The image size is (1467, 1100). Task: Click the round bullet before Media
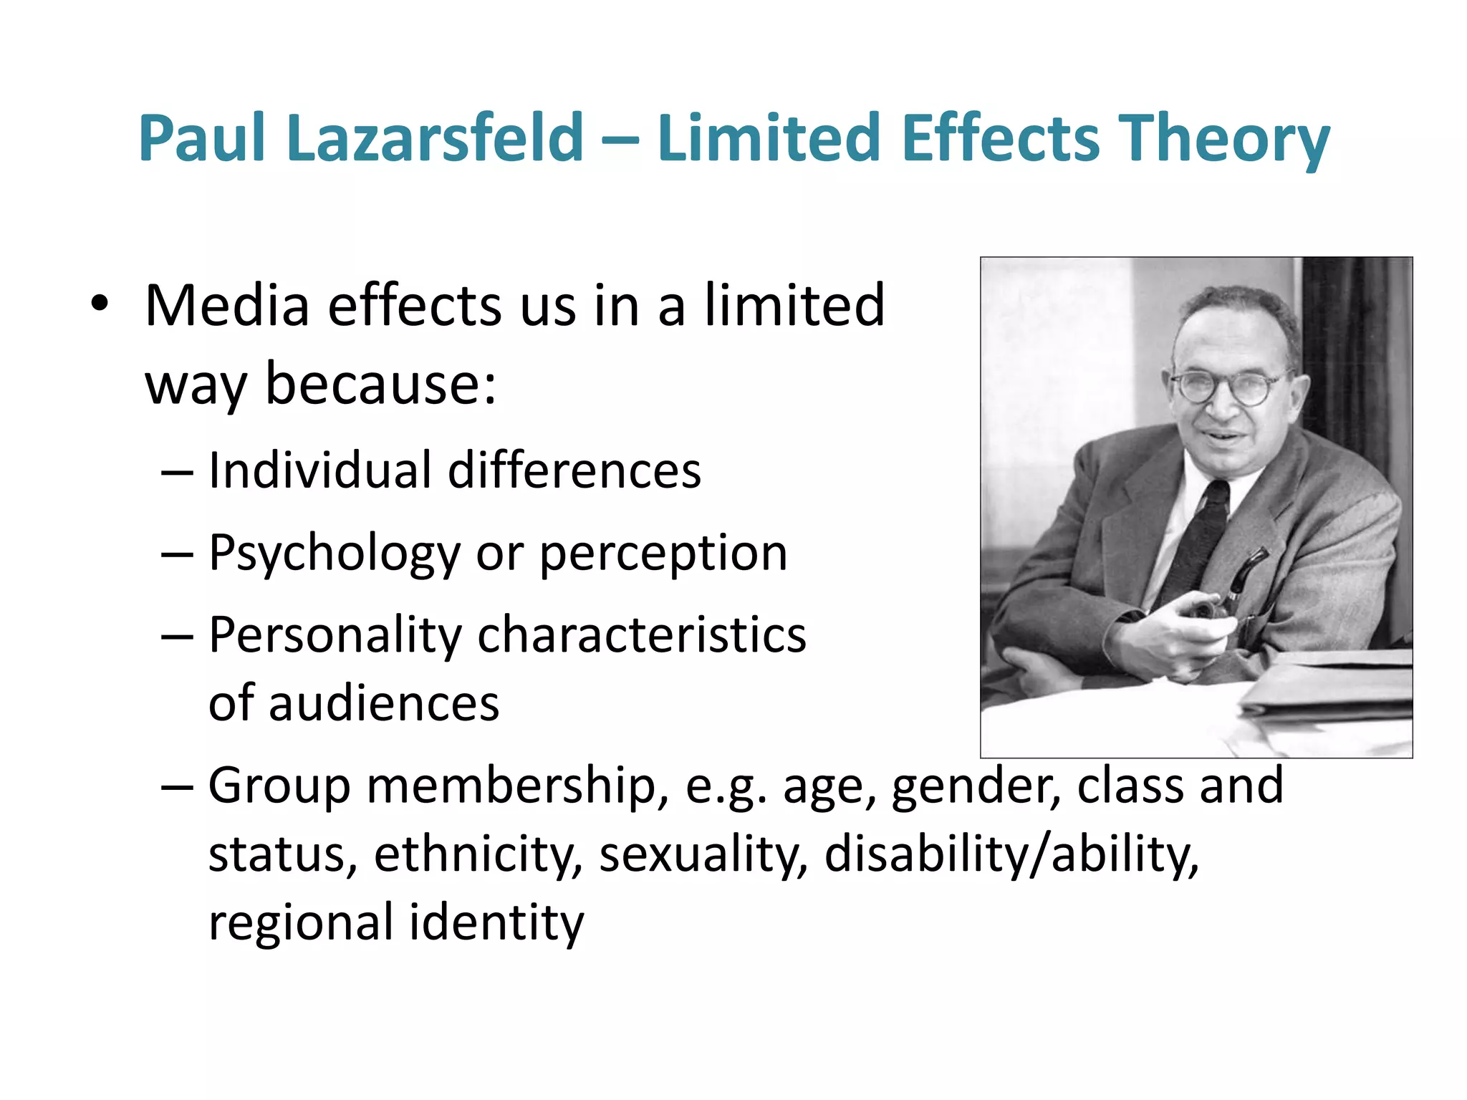click(x=100, y=304)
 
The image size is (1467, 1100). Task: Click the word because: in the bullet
click(x=380, y=385)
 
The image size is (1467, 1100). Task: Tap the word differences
click(x=574, y=471)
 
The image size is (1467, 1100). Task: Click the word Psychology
click(x=334, y=554)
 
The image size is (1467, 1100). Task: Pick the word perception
click(x=663, y=554)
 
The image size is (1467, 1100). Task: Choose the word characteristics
click(x=641, y=636)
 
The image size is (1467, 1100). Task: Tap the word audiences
click(x=383, y=703)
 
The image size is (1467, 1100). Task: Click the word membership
click(x=510, y=786)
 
